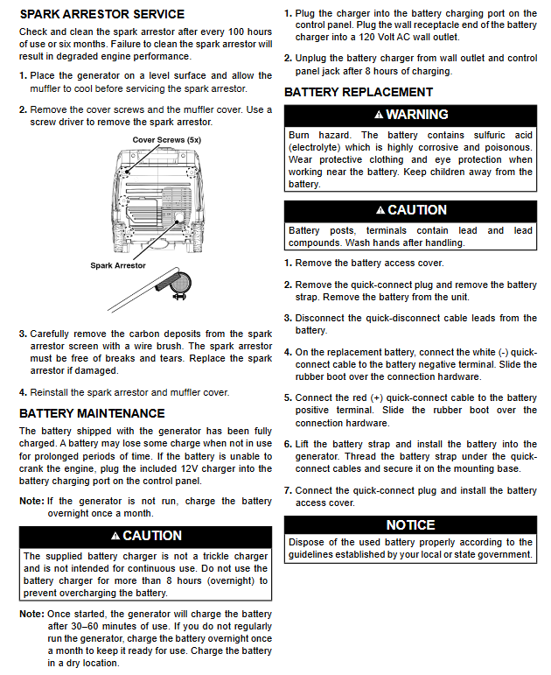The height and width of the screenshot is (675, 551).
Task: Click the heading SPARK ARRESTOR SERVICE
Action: coord(101,14)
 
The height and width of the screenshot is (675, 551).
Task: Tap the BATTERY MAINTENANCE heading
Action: coord(92,413)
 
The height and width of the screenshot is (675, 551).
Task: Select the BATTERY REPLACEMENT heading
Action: coord(359,92)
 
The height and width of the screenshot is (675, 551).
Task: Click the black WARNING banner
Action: coord(410,115)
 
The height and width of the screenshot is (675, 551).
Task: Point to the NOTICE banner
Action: coord(410,525)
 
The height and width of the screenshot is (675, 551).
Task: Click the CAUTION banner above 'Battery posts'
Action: coord(410,210)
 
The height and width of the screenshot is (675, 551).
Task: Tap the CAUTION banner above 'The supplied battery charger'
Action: coord(146,536)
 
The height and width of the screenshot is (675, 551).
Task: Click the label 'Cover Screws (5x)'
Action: coord(167,140)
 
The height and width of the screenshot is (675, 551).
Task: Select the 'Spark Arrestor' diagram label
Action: coord(118,265)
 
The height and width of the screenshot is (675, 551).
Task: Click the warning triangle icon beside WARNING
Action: coord(379,116)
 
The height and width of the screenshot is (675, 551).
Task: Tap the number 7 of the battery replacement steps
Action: coord(288,490)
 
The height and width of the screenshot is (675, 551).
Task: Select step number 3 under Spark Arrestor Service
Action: coord(23,334)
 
